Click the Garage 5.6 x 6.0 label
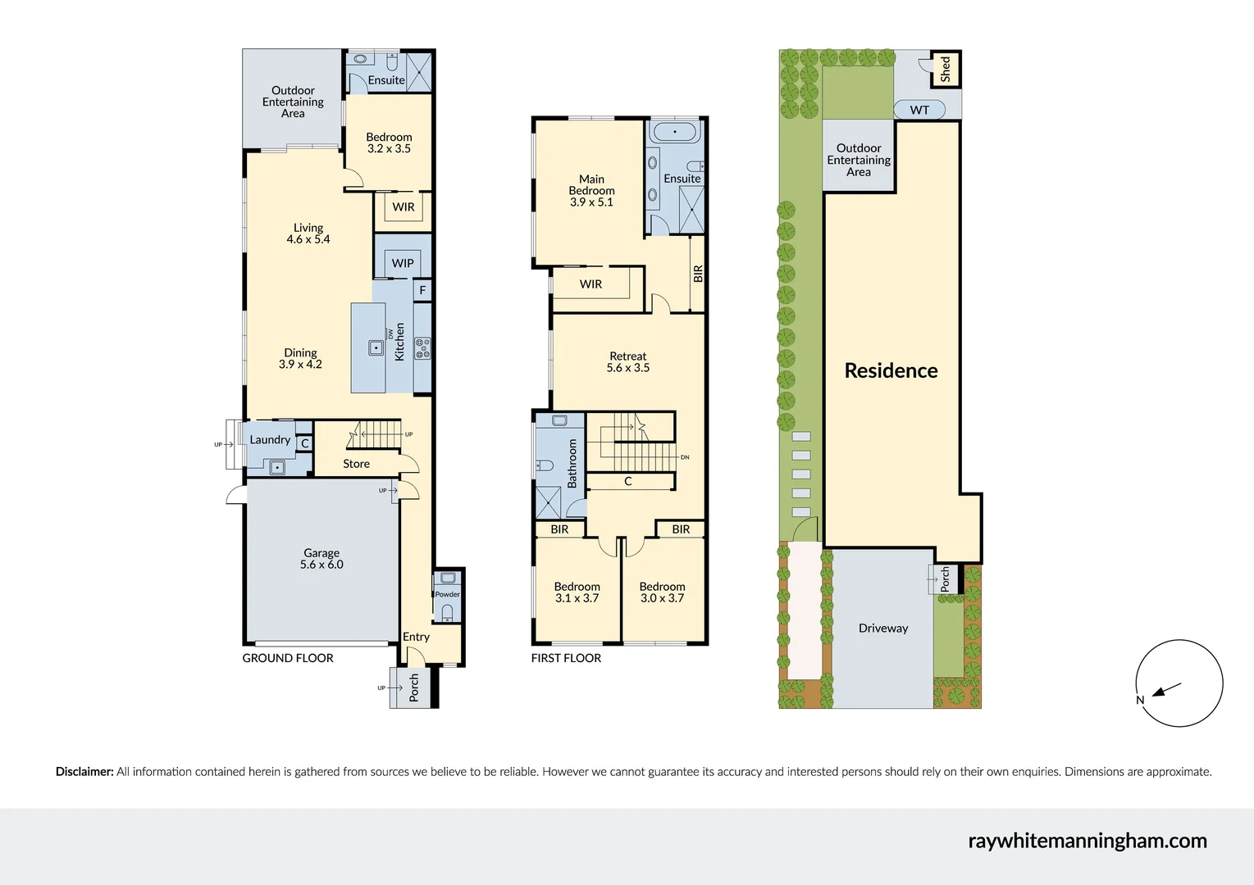click(321, 559)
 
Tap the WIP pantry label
click(403, 263)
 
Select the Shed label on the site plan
click(946, 69)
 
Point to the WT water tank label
click(919, 110)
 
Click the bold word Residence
click(891, 370)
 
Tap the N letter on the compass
click(1140, 700)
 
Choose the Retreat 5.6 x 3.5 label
click(628, 362)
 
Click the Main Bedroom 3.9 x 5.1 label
click(591, 190)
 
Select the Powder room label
click(447, 594)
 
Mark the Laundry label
click(270, 440)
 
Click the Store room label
click(356, 464)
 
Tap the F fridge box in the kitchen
click(423, 290)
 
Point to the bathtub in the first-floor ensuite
click(675, 131)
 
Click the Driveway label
click(883, 629)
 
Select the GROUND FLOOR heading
click(288, 658)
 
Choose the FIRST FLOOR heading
click(566, 658)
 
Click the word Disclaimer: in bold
click(84, 771)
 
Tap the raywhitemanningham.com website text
click(1087, 841)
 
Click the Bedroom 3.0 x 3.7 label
click(662, 592)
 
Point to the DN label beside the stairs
click(685, 457)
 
